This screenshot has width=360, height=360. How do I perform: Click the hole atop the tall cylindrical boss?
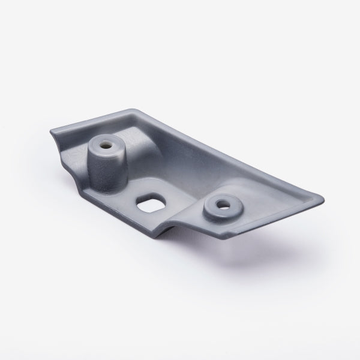(x=106, y=144)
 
